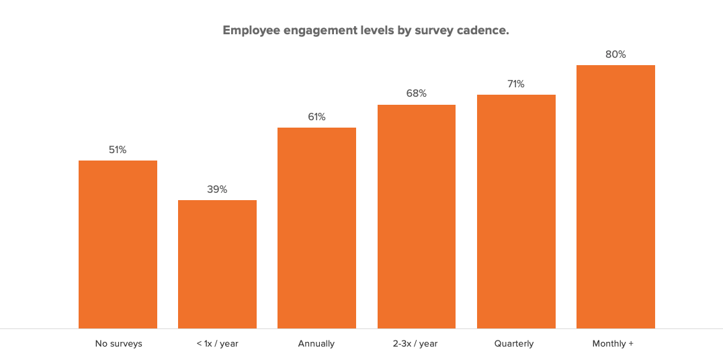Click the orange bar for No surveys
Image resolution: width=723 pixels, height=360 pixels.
coord(118,244)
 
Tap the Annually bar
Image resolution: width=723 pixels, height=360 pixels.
coord(316,228)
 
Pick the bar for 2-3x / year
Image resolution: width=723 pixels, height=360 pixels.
coord(417,216)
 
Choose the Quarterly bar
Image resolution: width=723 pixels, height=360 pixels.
coord(516,212)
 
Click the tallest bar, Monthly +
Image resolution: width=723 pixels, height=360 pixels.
coord(615,197)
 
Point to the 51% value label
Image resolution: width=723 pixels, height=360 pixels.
coord(118,150)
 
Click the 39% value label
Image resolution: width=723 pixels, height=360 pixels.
coord(217,189)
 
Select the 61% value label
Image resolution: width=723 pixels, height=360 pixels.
coord(316,117)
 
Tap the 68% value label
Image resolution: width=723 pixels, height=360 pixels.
coord(417,93)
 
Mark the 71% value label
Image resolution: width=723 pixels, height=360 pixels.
coord(516,84)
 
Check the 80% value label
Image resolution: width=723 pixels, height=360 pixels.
coord(615,54)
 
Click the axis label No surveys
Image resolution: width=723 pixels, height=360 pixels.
coord(118,344)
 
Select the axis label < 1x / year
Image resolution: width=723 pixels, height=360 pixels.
coord(217,344)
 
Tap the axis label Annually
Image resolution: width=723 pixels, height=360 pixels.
coord(316,344)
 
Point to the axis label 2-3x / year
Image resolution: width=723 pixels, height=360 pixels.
coord(415,344)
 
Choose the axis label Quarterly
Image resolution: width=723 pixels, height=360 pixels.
coord(514,344)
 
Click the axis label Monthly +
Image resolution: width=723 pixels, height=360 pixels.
coord(613,344)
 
